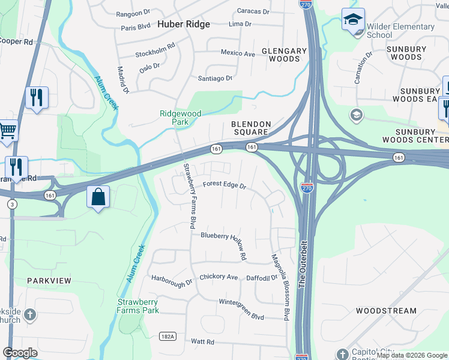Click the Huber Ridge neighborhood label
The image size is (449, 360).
click(184, 25)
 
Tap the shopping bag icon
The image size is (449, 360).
click(98, 197)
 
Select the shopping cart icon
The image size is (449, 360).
click(7, 130)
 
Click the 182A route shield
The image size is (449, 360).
click(168, 337)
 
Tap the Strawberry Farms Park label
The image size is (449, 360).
click(138, 306)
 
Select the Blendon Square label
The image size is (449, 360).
click(252, 128)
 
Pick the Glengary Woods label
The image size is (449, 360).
click(280, 55)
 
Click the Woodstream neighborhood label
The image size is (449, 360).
click(386, 311)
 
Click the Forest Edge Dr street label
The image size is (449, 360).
click(224, 185)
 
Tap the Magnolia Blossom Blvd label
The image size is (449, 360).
click(280, 285)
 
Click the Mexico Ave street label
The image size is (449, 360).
click(238, 53)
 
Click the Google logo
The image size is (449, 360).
click(20, 353)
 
